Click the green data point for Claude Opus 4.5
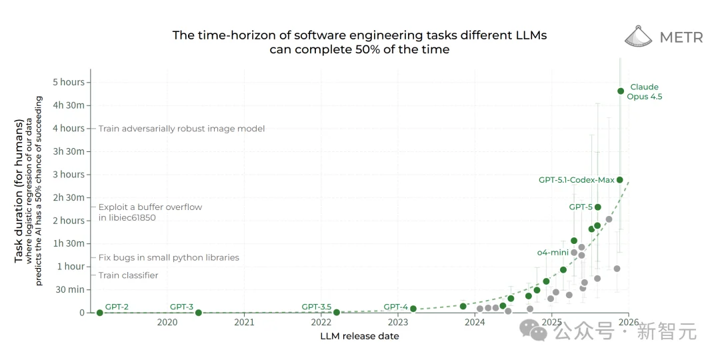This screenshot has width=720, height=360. [621, 91]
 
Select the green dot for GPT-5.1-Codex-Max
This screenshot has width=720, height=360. [619, 180]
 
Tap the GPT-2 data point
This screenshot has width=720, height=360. [100, 313]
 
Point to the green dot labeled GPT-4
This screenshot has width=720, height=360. [413, 309]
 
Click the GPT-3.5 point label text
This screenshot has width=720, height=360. [316, 307]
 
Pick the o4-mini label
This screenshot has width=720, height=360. [553, 253]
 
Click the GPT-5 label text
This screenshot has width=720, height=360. [581, 207]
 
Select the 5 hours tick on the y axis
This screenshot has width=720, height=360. [69, 83]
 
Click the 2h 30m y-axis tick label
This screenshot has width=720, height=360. [69, 197]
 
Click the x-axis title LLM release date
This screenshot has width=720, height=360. [360, 336]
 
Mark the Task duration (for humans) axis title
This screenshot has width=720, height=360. [19, 191]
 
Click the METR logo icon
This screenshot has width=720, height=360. [638, 37]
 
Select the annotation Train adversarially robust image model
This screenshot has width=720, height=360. [181, 129]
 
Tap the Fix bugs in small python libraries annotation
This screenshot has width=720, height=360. [169, 257]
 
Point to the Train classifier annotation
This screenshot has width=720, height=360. [129, 275]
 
